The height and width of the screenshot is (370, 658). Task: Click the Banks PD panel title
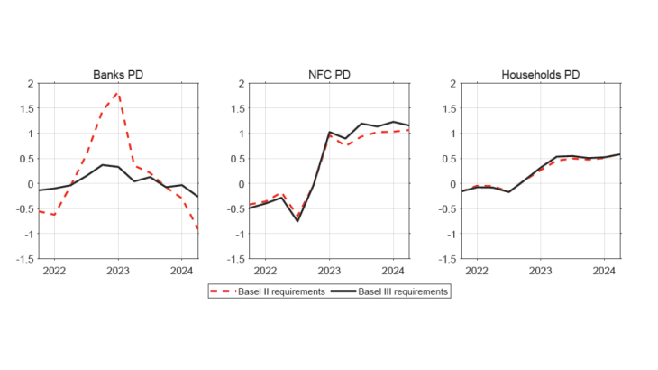click(117, 74)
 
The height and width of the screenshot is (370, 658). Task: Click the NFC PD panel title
click(330, 74)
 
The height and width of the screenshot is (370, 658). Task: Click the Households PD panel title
click(541, 74)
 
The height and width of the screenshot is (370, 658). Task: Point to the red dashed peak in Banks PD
click(118, 93)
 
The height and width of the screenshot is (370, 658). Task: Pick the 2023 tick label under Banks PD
click(118, 270)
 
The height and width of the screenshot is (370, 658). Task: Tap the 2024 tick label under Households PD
click(605, 270)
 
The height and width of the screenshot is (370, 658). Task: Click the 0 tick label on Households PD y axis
click(454, 184)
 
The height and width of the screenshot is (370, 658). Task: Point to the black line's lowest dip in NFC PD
click(297, 221)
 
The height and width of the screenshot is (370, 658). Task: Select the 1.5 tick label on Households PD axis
click(448, 109)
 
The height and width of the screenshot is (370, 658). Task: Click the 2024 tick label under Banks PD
click(182, 270)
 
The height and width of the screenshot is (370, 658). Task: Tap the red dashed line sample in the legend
click(222, 291)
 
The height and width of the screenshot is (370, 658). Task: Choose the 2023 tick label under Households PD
click(541, 270)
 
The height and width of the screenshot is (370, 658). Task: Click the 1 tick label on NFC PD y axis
click(242, 134)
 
